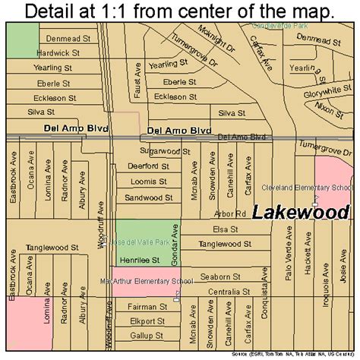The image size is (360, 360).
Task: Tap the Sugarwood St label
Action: pyautogui.click(x=169, y=152)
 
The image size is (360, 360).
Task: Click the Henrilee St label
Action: pyautogui.click(x=139, y=260)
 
